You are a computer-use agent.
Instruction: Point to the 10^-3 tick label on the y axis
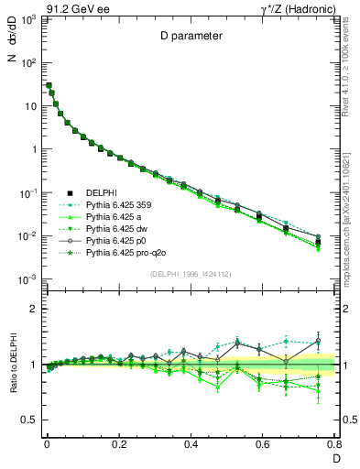click(x=27, y=278)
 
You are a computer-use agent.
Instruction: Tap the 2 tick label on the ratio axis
click(x=32, y=310)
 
